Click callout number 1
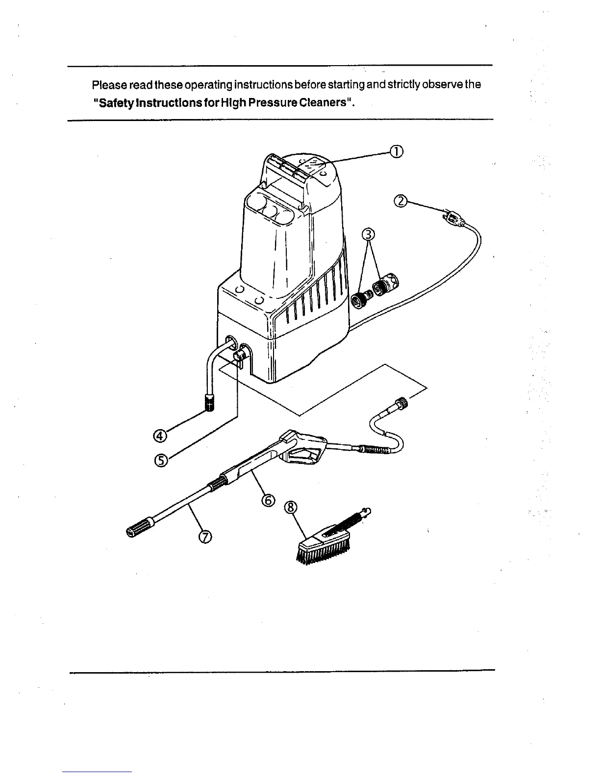click(x=396, y=152)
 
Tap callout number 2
click(x=401, y=201)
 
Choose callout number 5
click(x=161, y=460)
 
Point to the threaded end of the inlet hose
click(x=210, y=405)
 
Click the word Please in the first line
click(x=108, y=85)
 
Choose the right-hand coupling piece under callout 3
click(x=387, y=285)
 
